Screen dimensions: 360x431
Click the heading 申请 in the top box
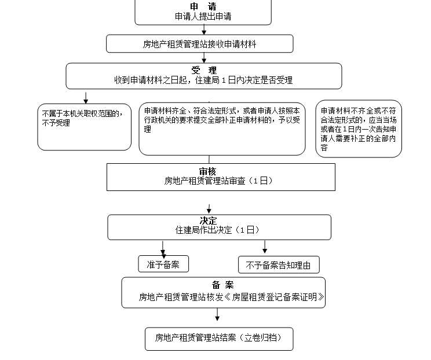[x=203, y=6]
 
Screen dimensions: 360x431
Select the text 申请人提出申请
[x=203, y=16]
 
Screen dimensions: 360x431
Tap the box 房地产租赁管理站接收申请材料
[x=199, y=43]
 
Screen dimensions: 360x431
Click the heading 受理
[x=203, y=70]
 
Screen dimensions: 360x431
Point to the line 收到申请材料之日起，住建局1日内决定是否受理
[x=203, y=80]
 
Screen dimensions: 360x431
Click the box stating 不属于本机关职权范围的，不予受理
[x=85, y=127]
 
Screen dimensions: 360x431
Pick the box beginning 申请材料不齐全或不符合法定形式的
[x=359, y=129]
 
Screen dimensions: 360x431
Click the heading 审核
[x=207, y=171]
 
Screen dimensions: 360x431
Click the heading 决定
[x=208, y=221]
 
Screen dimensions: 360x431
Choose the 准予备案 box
[x=163, y=265]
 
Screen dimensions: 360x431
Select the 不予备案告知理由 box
[x=279, y=265]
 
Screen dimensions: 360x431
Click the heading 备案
[x=223, y=285]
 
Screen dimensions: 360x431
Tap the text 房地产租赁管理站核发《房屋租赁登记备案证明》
[x=231, y=297]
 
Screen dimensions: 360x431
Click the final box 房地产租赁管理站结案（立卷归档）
[x=219, y=338]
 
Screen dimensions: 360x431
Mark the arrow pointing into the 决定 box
[x=209, y=208]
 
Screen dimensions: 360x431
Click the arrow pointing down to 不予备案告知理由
[x=265, y=248]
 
